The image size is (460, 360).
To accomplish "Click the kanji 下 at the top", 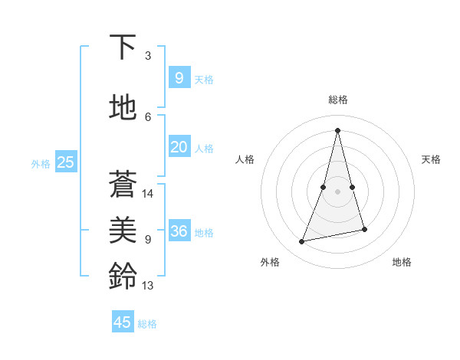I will coord(123,47).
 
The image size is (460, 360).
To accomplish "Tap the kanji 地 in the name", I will coord(123,108).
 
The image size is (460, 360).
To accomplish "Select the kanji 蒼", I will coord(123,184).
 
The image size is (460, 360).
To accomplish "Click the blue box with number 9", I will coord(179,77).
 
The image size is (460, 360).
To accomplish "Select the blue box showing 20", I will coord(179,147).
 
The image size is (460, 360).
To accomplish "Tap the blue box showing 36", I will coord(179,231).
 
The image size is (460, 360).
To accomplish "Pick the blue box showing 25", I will coord(65,162).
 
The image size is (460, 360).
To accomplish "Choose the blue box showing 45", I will coord(123,322).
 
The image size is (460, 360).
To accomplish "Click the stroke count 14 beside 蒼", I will coord(148,194).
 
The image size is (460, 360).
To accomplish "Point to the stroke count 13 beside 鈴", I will coord(148,286).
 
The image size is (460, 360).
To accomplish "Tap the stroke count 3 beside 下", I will coord(148,56).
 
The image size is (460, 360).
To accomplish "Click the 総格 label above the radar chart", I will coord(338,100).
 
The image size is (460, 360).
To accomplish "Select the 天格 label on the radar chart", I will coord(432,159).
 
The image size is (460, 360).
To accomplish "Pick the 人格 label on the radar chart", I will coord(245,159).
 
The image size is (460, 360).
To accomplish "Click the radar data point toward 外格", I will coord(302,241).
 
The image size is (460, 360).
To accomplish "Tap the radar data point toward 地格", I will coord(364,229).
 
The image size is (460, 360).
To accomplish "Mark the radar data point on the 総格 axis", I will coord(338,129).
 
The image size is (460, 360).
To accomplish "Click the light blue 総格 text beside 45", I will coord(148,324).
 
